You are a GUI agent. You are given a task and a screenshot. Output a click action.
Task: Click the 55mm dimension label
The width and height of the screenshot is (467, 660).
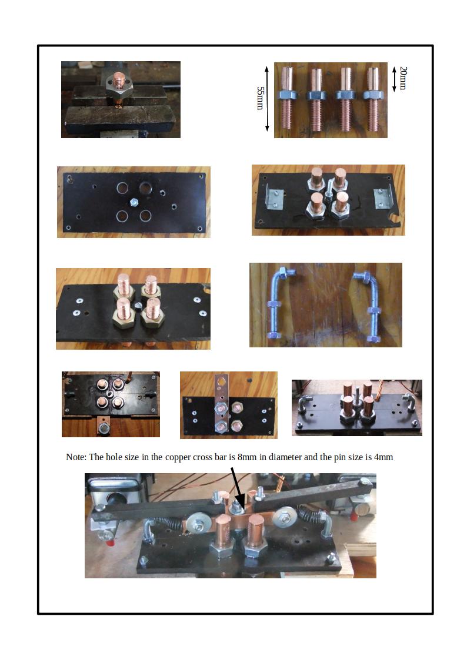pyautogui.click(x=260, y=98)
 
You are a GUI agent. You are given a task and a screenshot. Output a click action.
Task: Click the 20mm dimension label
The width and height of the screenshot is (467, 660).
pyautogui.click(x=403, y=78)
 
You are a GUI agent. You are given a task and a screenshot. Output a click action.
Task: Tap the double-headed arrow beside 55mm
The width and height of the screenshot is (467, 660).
pyautogui.click(x=267, y=99)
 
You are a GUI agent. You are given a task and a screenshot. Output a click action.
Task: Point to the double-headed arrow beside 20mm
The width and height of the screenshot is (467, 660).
pyautogui.click(x=394, y=79)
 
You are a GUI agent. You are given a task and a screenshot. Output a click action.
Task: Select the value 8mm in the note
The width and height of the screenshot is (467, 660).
pyautogui.click(x=247, y=457)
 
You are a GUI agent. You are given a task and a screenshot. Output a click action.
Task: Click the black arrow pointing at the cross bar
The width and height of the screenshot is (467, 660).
pyautogui.click(x=237, y=488)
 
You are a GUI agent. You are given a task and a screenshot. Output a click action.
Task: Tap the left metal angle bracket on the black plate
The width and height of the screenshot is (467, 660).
pyautogui.click(x=273, y=198)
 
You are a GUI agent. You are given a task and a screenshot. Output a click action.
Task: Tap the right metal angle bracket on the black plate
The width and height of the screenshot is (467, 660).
pyautogui.click(x=383, y=198)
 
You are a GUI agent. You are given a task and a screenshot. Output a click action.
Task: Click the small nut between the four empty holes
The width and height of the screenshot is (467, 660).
pyautogui.click(x=134, y=202)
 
